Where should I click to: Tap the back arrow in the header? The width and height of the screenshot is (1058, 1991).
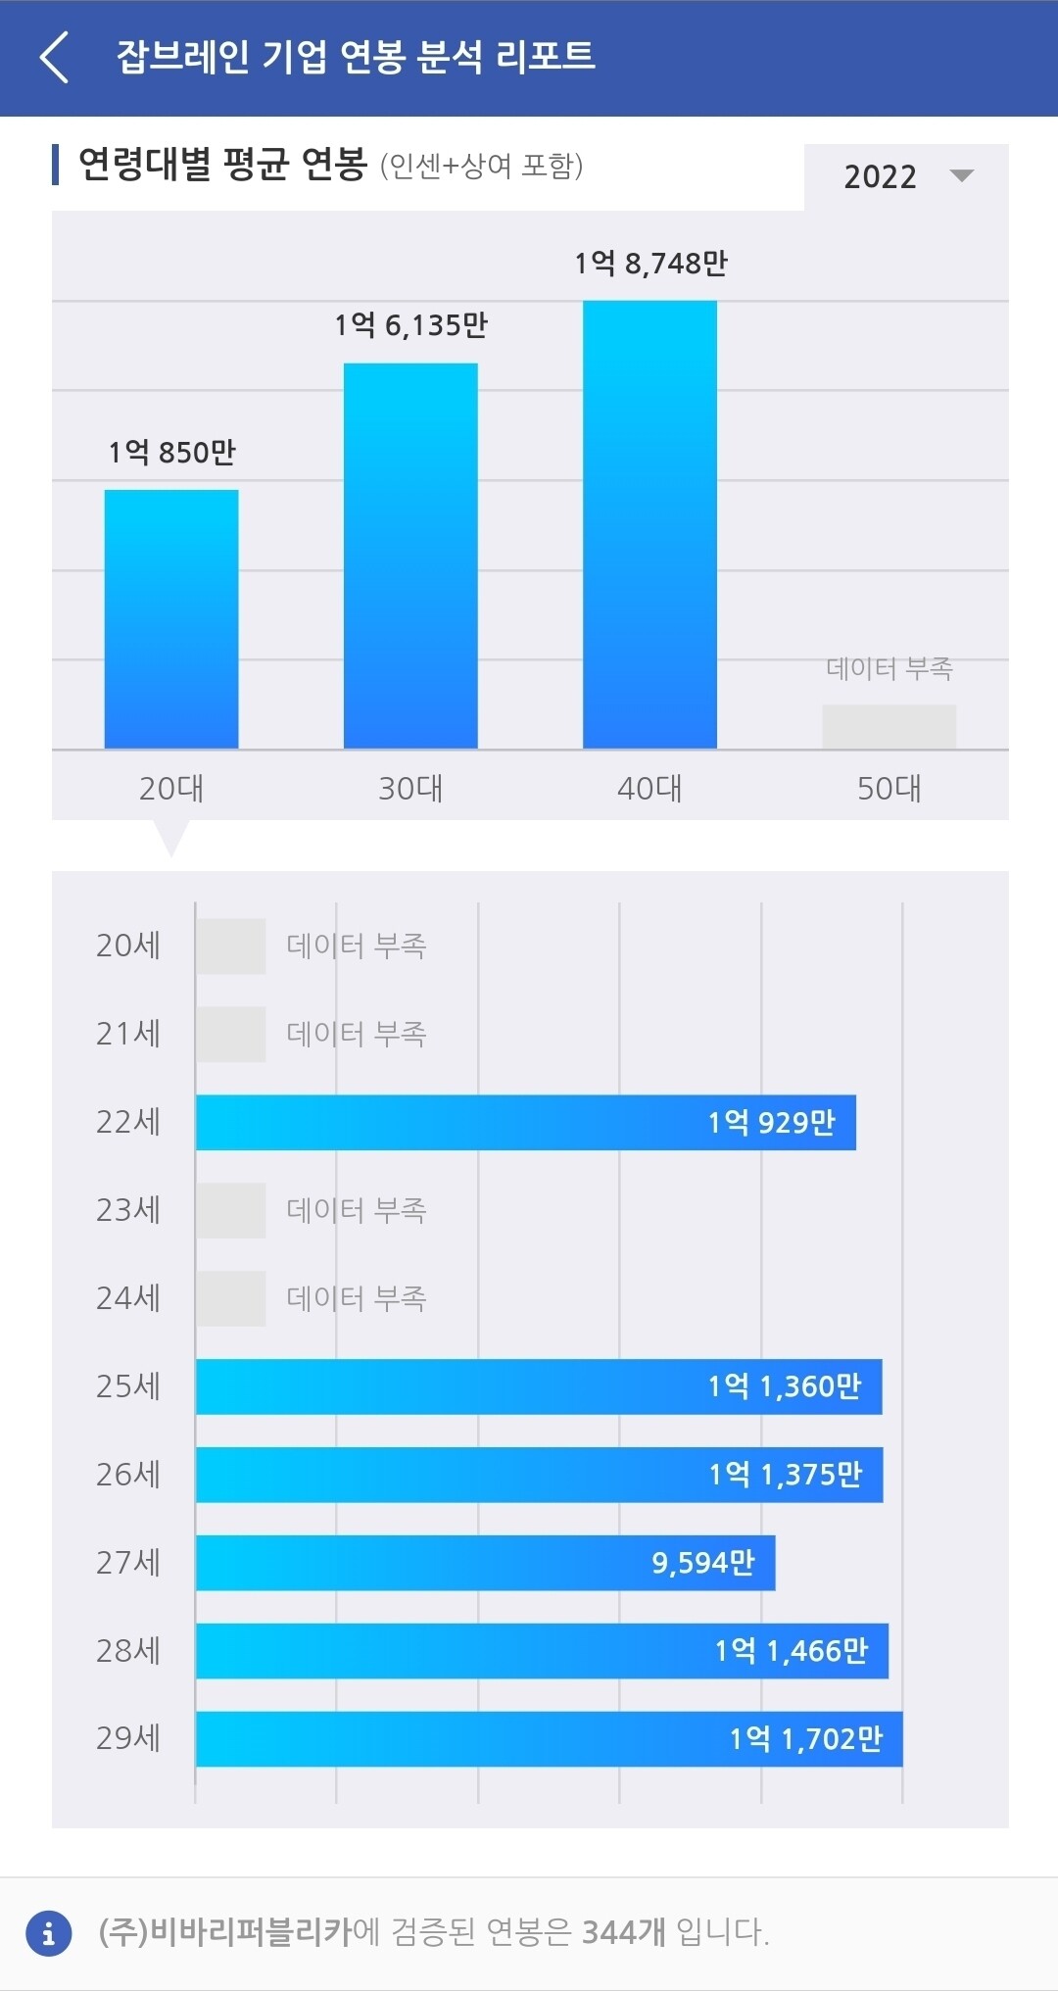(55, 57)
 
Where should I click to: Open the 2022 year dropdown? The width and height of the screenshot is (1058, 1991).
(906, 176)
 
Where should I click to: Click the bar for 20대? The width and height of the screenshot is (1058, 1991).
(171, 619)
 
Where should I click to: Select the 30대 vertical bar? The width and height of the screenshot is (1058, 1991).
(410, 556)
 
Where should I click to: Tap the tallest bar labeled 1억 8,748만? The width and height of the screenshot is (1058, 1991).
(649, 524)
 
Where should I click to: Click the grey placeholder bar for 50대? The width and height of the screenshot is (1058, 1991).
(889, 726)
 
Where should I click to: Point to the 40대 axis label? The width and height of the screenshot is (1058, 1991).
(649, 788)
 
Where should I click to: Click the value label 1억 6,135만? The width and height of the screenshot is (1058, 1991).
(410, 325)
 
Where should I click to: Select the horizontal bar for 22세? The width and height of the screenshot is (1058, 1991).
(525, 1122)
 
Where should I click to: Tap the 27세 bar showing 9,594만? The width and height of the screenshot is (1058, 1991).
(485, 1563)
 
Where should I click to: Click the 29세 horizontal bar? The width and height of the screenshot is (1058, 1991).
(549, 1739)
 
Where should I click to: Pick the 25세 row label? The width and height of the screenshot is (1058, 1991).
(128, 1386)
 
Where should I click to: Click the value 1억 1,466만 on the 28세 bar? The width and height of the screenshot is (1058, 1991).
(792, 1651)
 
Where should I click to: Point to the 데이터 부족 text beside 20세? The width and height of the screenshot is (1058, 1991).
(357, 946)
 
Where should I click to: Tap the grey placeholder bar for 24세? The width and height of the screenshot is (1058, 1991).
(231, 1298)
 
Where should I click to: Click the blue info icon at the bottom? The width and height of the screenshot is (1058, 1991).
(49, 1933)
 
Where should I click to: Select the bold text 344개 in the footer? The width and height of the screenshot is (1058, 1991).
(623, 1932)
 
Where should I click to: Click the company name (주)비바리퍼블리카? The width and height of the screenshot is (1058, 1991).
(224, 1932)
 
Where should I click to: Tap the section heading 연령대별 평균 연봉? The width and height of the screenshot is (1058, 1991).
(222, 164)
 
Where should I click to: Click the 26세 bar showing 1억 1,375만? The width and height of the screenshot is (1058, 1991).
(539, 1475)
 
